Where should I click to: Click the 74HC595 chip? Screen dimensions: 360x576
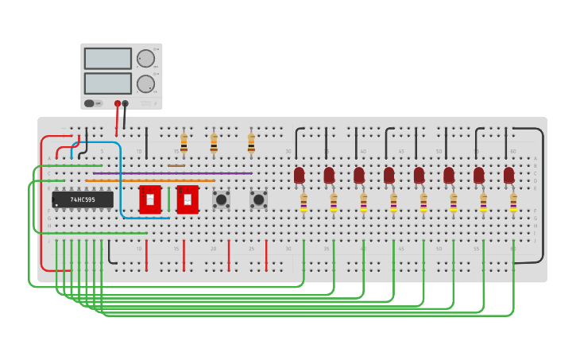pos(83,199)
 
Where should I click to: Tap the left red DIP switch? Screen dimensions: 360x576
pos(150,199)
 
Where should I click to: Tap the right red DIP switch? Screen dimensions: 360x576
pos(187,199)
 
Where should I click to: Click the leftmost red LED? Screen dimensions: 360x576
pos(299,175)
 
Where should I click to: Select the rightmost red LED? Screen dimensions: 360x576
pos(508,175)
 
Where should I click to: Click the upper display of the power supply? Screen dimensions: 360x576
pos(107,59)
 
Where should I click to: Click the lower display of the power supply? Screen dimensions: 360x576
pos(107,83)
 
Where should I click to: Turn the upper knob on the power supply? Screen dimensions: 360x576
pos(145,58)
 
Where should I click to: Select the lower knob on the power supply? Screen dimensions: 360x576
pos(145,83)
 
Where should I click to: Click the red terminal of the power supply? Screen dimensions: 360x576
pos(118,103)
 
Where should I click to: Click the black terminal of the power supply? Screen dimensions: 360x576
pos(126,103)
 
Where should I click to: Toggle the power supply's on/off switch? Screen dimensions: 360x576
pos(90,103)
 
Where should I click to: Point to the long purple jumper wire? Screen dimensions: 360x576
pos(172,173)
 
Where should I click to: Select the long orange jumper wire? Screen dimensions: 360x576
pos(150,181)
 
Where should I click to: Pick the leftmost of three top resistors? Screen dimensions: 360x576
pos(184,142)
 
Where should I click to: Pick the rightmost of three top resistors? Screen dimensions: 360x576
pos(251,142)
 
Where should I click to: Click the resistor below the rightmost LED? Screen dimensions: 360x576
pos(513,203)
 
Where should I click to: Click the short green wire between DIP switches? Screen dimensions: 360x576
pos(168,199)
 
